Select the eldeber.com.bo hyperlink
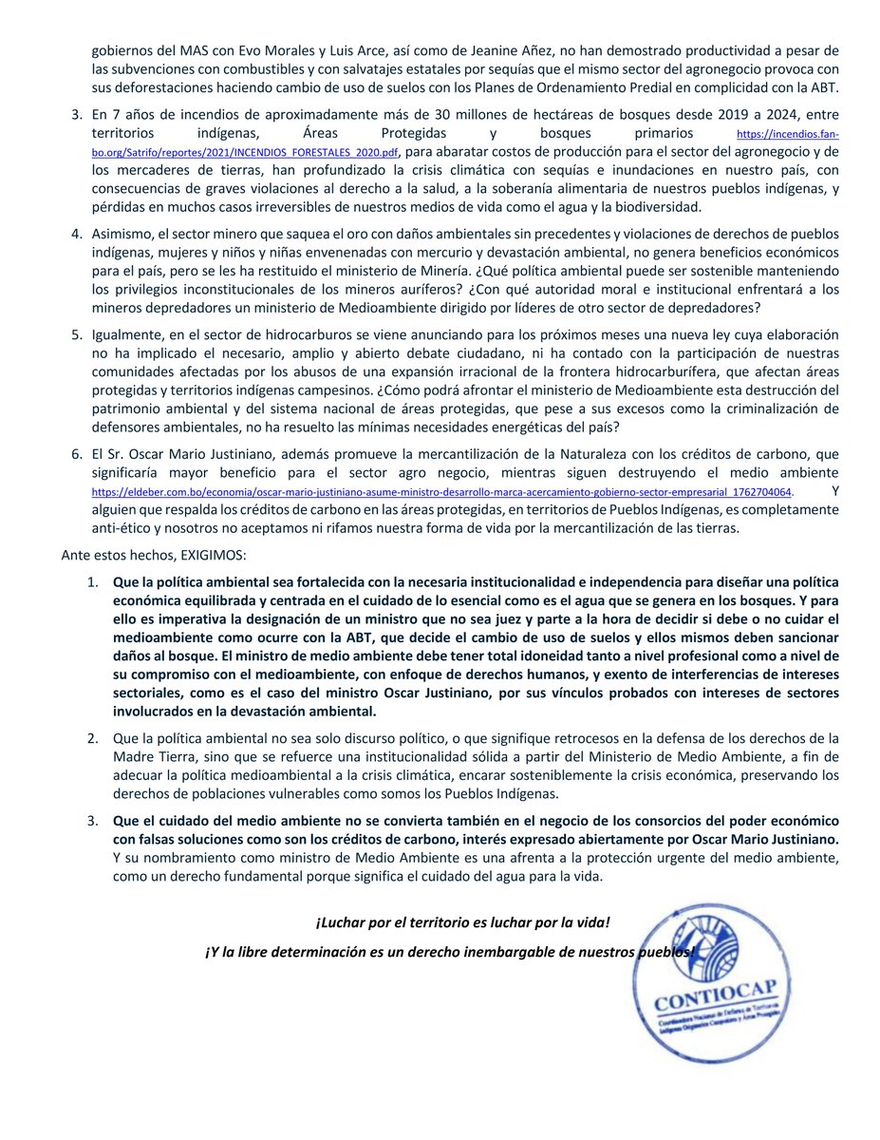pyautogui.click(x=441, y=492)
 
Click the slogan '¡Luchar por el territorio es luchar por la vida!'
pyautogui.click(x=462, y=922)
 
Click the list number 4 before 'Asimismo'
pyautogui.click(x=77, y=234)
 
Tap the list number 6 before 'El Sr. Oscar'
pyautogui.click(x=77, y=455)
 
